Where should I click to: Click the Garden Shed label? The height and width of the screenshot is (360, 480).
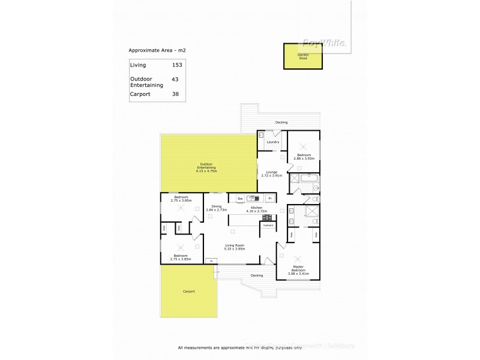[x=302, y=56]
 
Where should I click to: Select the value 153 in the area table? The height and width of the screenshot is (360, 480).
[x=176, y=64]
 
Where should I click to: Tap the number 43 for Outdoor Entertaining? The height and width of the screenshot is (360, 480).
[x=175, y=79]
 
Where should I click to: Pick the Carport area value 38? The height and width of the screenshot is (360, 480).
[x=175, y=94]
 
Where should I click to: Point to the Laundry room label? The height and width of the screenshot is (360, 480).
[x=272, y=142]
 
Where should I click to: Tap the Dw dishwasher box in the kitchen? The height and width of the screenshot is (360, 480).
[x=239, y=198]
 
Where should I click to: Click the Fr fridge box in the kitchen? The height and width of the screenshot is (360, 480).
[x=271, y=198]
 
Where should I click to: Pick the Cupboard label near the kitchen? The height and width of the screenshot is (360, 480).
[x=268, y=225]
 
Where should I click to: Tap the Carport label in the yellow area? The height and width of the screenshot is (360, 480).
[x=189, y=292]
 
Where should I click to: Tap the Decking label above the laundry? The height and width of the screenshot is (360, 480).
[x=281, y=122]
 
